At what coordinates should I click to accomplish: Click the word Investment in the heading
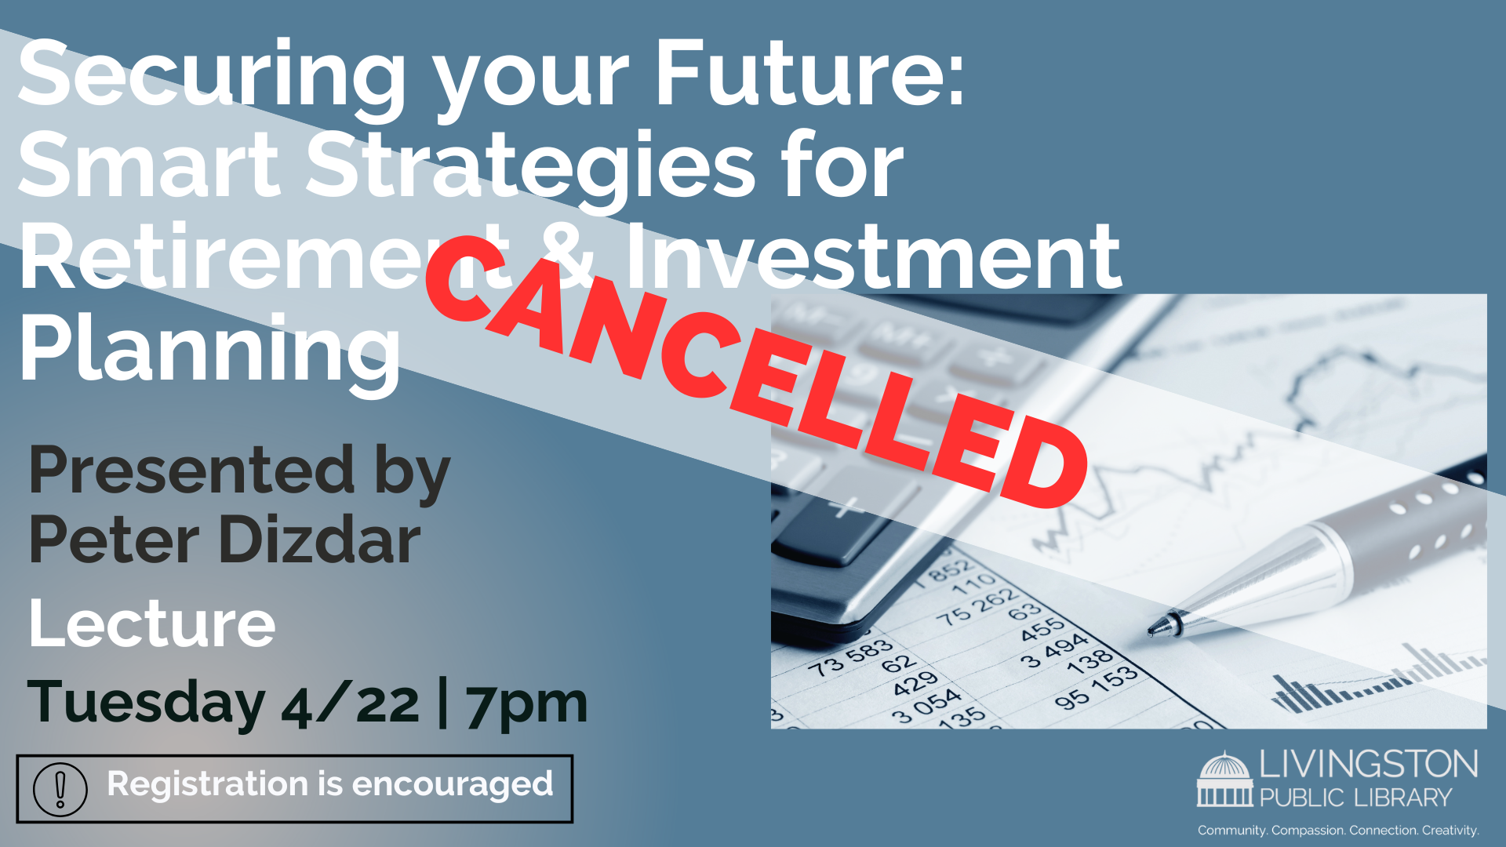(x=873, y=256)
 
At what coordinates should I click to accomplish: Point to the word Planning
(x=210, y=349)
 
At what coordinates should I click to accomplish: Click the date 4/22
(x=350, y=703)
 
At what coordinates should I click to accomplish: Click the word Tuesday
(x=146, y=703)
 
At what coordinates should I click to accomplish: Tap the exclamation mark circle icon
(x=60, y=789)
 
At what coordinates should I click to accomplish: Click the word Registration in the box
(x=207, y=783)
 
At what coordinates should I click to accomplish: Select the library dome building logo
(x=1224, y=780)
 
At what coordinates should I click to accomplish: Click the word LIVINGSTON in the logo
(x=1369, y=765)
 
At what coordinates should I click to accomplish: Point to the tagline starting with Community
(x=1338, y=830)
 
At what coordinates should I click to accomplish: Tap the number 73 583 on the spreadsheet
(x=850, y=658)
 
